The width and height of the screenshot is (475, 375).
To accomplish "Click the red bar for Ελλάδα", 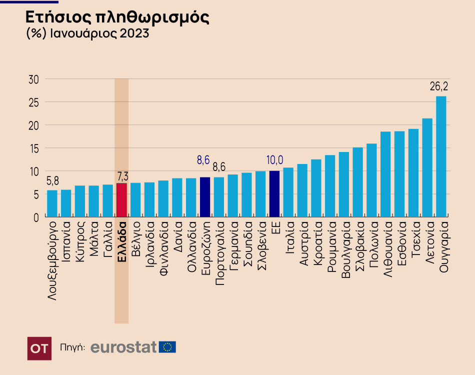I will click(121, 200).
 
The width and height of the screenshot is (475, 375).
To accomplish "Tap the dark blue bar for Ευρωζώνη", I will click(205, 197).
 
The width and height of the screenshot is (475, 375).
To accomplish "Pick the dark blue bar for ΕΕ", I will click(274, 194).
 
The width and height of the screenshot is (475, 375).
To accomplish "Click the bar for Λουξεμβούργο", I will click(52, 203).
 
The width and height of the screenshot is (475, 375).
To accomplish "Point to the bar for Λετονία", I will click(427, 167).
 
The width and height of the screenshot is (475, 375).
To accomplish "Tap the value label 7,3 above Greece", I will click(122, 175).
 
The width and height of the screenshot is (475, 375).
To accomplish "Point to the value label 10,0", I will click(275, 160).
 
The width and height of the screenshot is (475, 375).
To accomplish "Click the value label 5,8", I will click(52, 181).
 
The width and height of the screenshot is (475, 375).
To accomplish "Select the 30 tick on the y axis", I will click(34, 79).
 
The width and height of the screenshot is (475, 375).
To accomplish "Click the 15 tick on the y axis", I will click(34, 148).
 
